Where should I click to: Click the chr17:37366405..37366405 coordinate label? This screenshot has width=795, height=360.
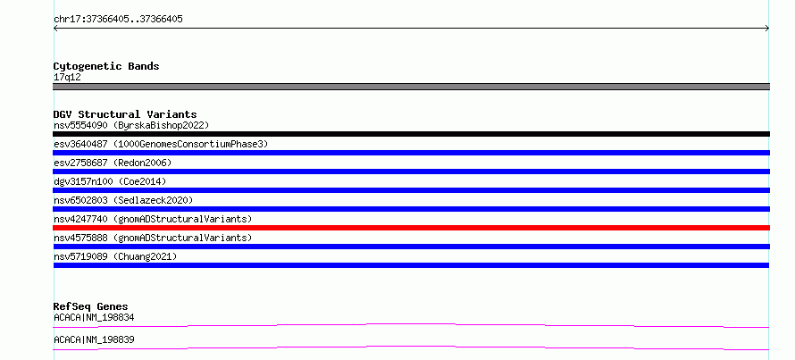118,20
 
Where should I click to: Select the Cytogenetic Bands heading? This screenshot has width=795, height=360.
106,66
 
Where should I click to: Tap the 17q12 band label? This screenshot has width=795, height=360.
67,78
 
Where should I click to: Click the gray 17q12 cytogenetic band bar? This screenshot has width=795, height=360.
411,87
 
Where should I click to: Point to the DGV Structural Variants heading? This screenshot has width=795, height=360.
125,114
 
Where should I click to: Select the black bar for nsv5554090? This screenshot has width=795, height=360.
411,134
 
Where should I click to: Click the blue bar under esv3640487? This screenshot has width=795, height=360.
411,153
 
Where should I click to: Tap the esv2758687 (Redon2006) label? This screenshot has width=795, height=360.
113,163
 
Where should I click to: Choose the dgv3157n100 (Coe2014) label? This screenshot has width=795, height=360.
110,181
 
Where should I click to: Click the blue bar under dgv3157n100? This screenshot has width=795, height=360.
411,190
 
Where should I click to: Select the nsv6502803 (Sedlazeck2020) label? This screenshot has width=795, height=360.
123,200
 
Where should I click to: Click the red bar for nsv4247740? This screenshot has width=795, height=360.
411,228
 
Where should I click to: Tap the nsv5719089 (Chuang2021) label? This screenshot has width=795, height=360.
115,256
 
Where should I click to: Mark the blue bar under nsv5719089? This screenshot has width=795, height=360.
411,265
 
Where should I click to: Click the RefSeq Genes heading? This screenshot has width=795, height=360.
91,306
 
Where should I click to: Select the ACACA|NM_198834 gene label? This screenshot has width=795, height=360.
94,317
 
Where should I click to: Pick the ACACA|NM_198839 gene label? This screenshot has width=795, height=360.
94,339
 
